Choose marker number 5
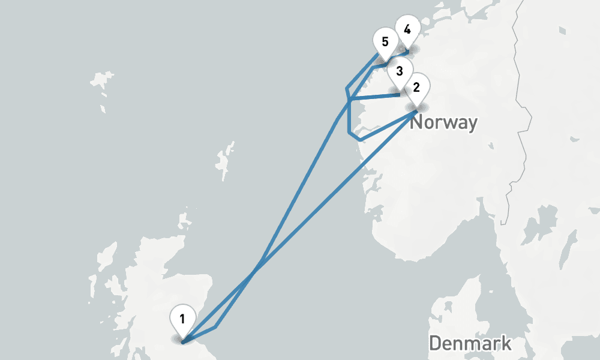point(385,43)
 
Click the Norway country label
point(444,123)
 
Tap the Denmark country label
point(470,343)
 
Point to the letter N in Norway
point(417,123)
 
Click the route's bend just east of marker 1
point(216,327)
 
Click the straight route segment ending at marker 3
point(375,95)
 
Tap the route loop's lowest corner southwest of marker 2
point(359,140)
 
